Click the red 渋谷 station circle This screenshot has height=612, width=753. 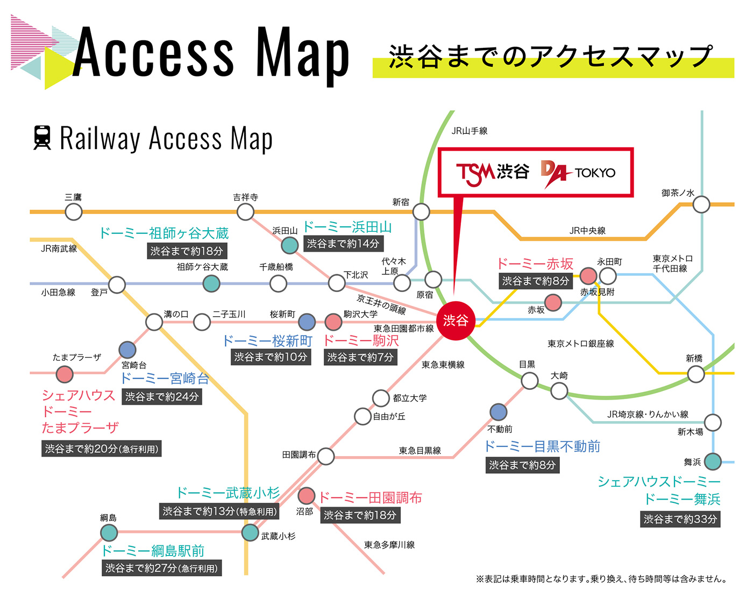point(455,320)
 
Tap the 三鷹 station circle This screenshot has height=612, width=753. point(74,212)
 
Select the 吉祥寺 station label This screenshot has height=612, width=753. point(245,197)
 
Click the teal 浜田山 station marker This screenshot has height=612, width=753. point(290,245)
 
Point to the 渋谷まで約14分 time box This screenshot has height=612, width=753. point(343,244)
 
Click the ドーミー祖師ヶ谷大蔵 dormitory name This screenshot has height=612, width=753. point(164,233)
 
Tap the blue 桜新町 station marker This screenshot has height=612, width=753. point(307,322)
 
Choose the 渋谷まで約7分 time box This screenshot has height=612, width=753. point(360,357)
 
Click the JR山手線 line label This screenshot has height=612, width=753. point(469,131)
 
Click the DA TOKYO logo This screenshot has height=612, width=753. point(578,174)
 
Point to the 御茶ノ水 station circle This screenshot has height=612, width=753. point(701,204)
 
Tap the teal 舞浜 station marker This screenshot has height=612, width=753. point(713,461)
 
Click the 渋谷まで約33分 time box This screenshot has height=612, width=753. point(680,519)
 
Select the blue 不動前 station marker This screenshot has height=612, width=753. point(498,411)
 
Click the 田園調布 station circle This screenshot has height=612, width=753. point(325,456)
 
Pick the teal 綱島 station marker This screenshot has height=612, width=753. point(109,532)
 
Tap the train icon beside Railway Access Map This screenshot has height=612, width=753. point(42,138)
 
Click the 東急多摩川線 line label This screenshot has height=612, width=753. point(389,545)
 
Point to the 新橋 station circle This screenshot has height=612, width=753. point(695,374)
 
